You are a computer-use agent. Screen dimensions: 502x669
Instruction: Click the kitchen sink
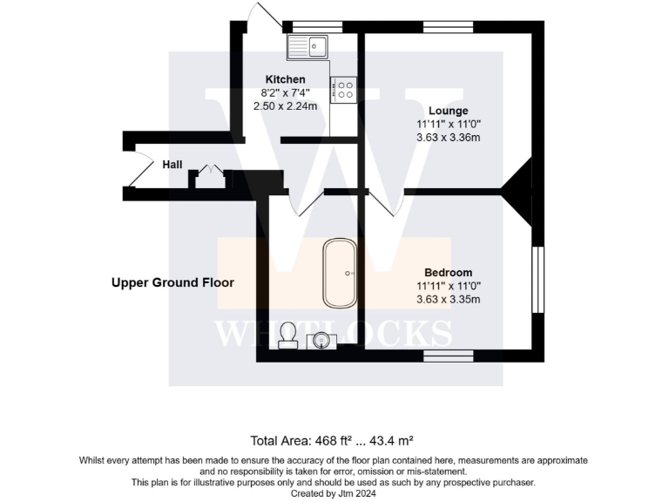(307, 45)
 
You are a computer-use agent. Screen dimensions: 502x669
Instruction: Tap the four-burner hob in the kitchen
(345, 89)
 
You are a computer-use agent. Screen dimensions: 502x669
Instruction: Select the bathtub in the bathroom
(339, 273)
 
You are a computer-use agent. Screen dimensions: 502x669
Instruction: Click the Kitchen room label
(285, 79)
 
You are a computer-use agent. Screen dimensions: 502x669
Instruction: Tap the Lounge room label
(449, 111)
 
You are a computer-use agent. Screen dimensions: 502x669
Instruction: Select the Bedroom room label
(449, 272)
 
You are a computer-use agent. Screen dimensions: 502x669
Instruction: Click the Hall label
(172, 164)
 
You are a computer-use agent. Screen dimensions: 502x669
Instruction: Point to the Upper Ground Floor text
(172, 282)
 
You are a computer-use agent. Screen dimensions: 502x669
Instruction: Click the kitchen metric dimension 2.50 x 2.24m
(285, 105)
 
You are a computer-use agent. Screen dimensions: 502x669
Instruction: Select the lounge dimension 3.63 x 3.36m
(449, 138)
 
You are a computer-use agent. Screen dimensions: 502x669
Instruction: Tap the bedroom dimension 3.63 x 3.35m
(449, 299)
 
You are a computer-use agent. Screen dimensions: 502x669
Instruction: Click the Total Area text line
(334, 439)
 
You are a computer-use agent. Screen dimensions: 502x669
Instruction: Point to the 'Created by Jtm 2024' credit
(334, 493)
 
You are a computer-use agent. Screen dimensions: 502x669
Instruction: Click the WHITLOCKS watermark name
(334, 332)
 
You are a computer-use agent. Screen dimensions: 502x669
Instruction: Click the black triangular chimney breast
(521, 191)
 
